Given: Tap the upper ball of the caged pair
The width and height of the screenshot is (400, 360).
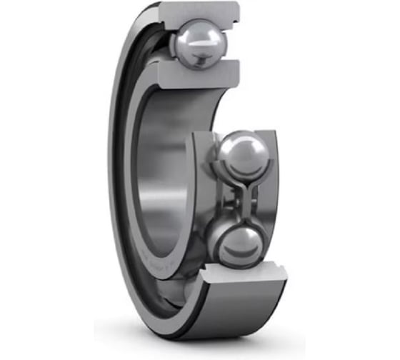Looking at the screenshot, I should click(x=241, y=153).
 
